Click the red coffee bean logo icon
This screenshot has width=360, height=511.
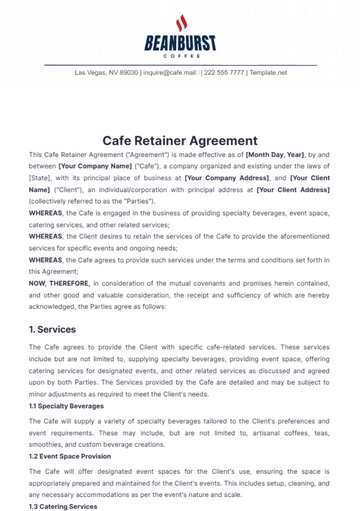[180, 22]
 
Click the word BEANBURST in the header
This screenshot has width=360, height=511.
[180, 43]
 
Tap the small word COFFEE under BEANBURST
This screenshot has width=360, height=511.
[180, 55]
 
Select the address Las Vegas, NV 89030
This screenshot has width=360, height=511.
[108, 73]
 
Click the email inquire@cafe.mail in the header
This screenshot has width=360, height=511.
[170, 73]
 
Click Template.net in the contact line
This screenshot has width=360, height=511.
[268, 73]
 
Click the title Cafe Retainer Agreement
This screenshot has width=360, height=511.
[180, 141]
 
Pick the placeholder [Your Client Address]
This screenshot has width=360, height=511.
[293, 188]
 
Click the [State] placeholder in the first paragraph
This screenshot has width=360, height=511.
[39, 178]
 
